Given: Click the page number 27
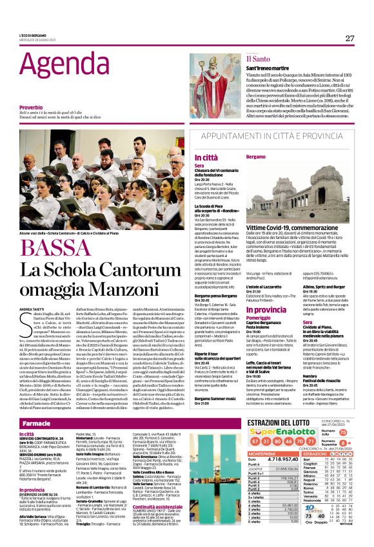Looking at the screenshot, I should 349,38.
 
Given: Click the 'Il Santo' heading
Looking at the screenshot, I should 257,59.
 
